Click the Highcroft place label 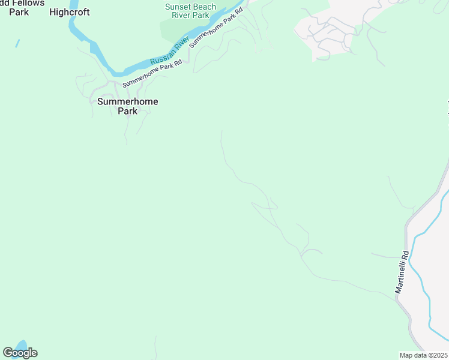pos(70,12)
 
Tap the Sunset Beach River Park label pos(190,11)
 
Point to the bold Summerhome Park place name pos(128,106)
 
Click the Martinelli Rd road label pos(401,272)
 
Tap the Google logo pos(20,353)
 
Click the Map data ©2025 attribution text pos(424,355)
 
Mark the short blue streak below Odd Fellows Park pos(17,43)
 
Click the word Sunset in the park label pos(178,7)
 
